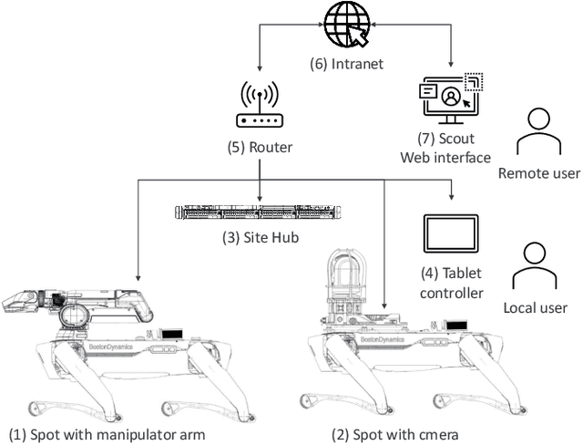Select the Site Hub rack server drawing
260,212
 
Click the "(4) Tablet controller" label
452,282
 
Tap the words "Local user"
536,308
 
